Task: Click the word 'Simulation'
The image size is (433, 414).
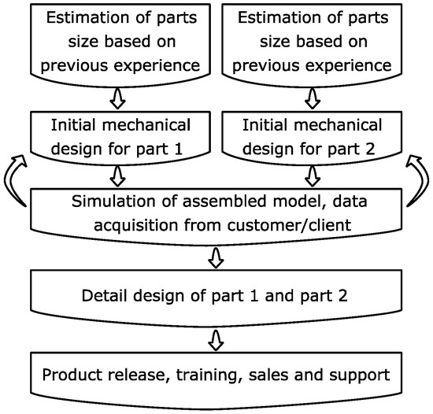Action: tap(112, 202)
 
